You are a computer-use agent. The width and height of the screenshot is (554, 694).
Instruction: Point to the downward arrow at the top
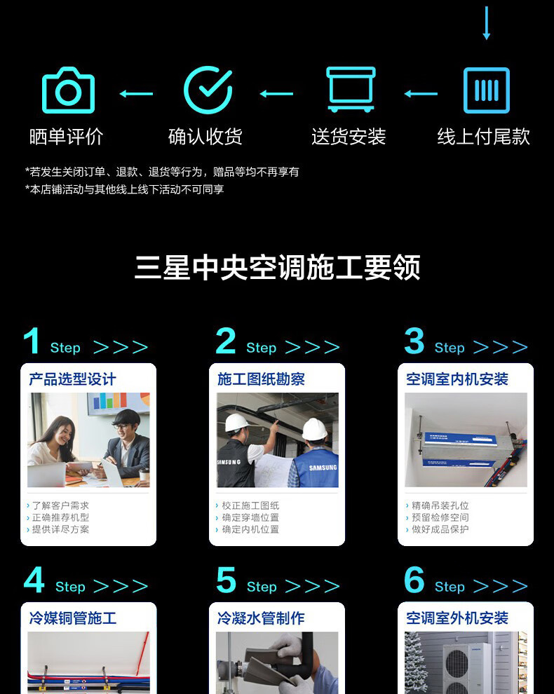(x=486, y=23)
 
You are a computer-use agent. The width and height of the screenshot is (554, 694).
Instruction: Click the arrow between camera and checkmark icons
(x=136, y=93)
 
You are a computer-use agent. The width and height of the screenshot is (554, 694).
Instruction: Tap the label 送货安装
(x=349, y=136)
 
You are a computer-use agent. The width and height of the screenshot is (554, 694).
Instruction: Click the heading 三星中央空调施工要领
(x=277, y=267)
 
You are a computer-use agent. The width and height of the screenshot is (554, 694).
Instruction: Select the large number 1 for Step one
(x=32, y=341)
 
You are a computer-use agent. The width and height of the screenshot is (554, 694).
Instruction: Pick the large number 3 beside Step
(x=414, y=341)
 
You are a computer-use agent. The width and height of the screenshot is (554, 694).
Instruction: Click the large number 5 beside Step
(x=226, y=580)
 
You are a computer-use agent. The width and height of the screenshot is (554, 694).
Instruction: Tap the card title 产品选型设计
(x=72, y=379)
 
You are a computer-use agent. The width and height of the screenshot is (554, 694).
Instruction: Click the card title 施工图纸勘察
(x=261, y=379)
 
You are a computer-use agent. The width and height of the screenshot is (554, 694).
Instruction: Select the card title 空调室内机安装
(x=457, y=379)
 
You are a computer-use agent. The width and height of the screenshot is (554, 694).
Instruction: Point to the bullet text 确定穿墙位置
(x=250, y=517)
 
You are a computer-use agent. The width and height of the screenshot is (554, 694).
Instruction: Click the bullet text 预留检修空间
(x=440, y=517)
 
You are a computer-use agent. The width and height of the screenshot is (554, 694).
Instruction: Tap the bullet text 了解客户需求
(x=61, y=505)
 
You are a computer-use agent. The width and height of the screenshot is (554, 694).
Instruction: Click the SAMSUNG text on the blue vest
(x=323, y=468)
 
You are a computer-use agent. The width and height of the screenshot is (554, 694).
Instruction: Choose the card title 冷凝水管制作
(x=261, y=618)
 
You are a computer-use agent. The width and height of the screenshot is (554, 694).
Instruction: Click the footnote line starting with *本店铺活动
(x=124, y=189)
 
